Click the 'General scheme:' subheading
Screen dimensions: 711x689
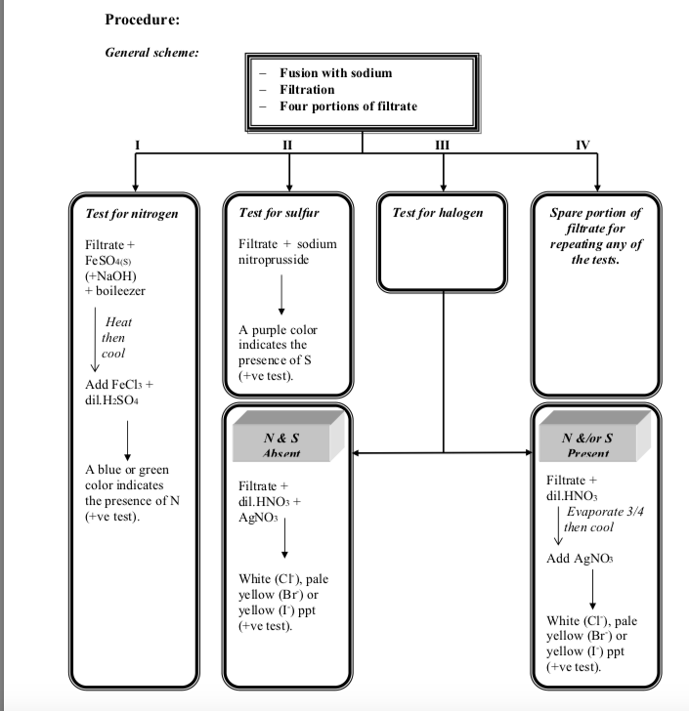coord(151,52)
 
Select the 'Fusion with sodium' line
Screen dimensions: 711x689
coord(335,73)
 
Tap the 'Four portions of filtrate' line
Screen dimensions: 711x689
coord(347,105)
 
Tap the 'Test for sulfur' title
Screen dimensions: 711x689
coord(279,211)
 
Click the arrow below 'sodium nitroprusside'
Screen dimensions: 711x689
coord(281,293)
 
